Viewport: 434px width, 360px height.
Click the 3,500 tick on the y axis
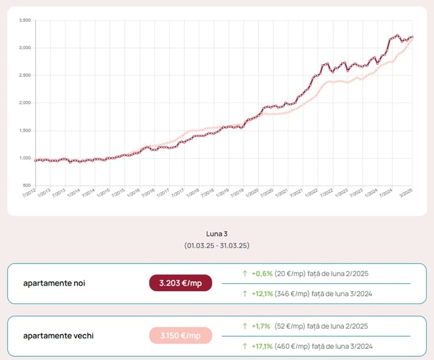(25, 20)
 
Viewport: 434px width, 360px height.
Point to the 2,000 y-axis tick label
(25, 103)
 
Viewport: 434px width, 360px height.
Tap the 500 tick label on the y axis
(28, 186)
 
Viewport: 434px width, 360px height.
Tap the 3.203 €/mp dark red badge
(180, 283)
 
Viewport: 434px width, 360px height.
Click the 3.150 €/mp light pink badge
(180, 335)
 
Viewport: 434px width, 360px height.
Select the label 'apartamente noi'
(54, 283)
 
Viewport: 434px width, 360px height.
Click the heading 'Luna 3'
(217, 234)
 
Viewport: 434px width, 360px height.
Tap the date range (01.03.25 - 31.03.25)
(217, 245)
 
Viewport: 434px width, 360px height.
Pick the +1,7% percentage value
(262, 326)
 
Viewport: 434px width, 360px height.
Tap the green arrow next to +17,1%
(245, 346)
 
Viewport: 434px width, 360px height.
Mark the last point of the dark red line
(412, 37)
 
